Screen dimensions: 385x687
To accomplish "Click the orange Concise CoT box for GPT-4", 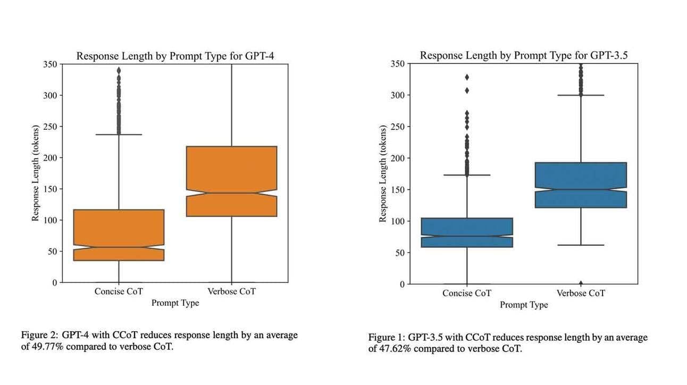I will click(x=119, y=235).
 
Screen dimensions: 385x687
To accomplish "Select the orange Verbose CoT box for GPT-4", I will click(x=231, y=181).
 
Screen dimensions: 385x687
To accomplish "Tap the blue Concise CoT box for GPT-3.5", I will click(x=467, y=232).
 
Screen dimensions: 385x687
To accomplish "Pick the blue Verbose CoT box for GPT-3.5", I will click(x=581, y=185).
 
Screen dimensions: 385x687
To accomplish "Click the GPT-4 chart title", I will click(x=175, y=56).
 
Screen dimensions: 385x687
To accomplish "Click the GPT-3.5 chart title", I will click(x=525, y=55).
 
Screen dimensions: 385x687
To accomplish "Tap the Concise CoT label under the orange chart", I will click(x=119, y=291).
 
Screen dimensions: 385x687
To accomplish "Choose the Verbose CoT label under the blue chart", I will click(x=581, y=293).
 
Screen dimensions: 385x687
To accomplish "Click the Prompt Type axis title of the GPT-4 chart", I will click(x=175, y=303).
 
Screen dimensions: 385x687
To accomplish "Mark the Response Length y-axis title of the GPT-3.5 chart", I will click(x=382, y=174).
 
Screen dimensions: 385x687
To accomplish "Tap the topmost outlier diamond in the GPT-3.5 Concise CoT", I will click(x=467, y=77).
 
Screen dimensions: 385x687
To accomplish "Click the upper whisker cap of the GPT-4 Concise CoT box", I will click(x=119, y=135).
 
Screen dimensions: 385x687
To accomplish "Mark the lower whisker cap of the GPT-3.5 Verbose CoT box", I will click(x=581, y=245).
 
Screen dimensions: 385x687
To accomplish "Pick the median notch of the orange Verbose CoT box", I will click(x=231, y=192).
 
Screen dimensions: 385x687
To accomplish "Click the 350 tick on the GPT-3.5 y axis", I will click(x=397, y=64).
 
